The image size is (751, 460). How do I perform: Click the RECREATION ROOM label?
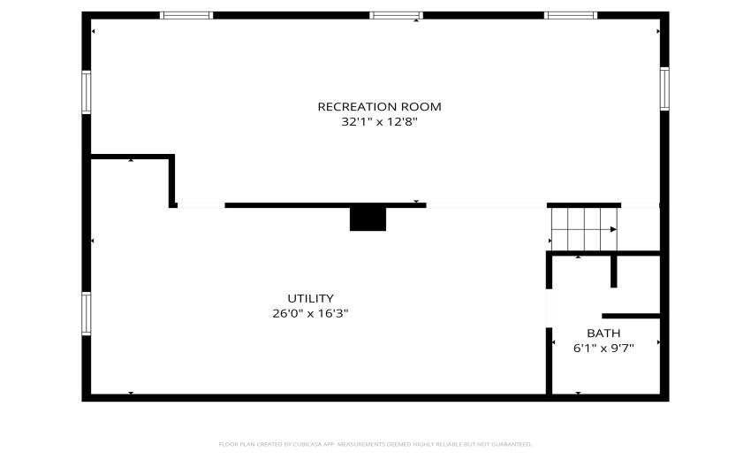pyautogui.click(x=379, y=106)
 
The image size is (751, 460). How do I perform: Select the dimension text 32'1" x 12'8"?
pyautogui.click(x=379, y=122)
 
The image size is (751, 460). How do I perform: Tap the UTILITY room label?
pyautogui.click(x=310, y=298)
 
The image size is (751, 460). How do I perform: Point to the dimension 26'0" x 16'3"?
pyautogui.click(x=310, y=314)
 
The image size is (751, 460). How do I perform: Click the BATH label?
pyautogui.click(x=603, y=333)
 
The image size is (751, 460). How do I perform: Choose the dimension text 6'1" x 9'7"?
pyautogui.click(x=603, y=349)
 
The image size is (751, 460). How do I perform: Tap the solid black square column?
pyautogui.click(x=368, y=219)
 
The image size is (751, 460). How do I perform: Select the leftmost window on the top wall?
pyautogui.click(x=186, y=15)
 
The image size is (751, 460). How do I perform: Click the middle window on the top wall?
pyautogui.click(x=396, y=15)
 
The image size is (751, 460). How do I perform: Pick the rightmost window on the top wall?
pyautogui.click(x=571, y=15)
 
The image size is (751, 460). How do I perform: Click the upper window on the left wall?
pyautogui.click(x=87, y=92)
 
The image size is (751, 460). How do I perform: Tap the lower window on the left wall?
pyautogui.click(x=87, y=314)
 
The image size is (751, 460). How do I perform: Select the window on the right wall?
pyautogui.click(x=664, y=88)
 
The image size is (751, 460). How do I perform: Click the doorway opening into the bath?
pyautogui.click(x=549, y=308)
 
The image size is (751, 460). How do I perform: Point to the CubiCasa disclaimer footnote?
pyautogui.click(x=375, y=445)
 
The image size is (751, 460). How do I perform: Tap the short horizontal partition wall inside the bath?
pyautogui.click(x=631, y=316)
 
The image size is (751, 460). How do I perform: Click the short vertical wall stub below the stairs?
pyautogui.click(x=613, y=271)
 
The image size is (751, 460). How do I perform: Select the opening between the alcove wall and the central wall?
pyautogui.click(x=201, y=205)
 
